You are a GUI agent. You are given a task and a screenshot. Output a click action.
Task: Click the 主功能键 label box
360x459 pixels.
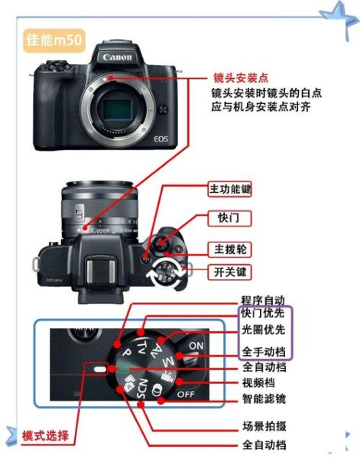[235, 188]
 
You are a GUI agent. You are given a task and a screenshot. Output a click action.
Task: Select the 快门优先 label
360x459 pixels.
[263, 314]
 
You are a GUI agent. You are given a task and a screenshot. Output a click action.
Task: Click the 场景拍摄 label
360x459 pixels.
[264, 425]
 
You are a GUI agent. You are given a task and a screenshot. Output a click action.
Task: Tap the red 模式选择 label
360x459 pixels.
[45, 437]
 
